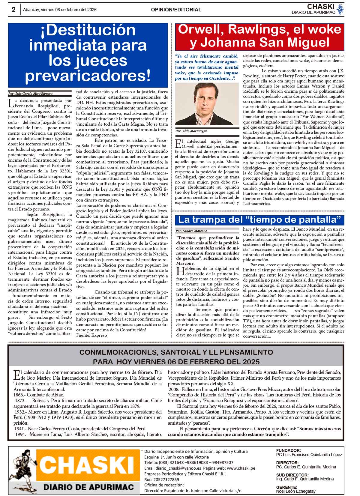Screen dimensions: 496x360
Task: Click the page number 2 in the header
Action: coord(13,10)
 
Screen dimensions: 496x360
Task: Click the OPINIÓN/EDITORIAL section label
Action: coord(176,10)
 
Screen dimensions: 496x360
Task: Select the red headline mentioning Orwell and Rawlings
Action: coord(259,36)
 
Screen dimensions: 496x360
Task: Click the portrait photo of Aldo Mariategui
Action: coord(207,104)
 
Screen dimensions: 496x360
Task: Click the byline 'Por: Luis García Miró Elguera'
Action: coord(30,94)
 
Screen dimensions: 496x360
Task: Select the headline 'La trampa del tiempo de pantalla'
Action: coord(259,220)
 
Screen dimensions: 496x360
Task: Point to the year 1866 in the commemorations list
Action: coord(20,395)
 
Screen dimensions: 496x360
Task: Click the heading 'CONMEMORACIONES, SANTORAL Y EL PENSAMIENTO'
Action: coord(176,352)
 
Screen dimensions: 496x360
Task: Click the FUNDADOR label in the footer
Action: coord(288,450)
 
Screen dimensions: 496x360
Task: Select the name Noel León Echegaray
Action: coord(295,491)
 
